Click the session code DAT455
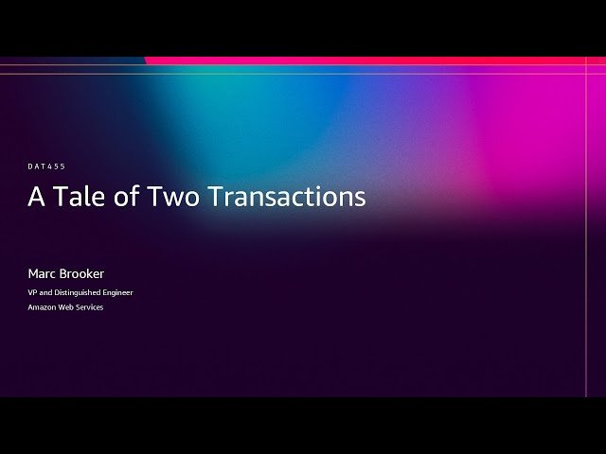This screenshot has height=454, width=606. [x=46, y=166]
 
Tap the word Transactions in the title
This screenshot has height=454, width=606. [x=286, y=197]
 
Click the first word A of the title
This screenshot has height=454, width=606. [x=37, y=197]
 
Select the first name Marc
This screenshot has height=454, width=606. [x=44, y=273]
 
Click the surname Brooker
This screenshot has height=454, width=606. [x=83, y=273]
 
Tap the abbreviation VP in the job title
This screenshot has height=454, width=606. [x=32, y=292]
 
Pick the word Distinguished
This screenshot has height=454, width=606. [x=77, y=292]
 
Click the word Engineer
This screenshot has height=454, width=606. [x=118, y=292]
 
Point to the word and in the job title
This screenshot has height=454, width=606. [x=45, y=292]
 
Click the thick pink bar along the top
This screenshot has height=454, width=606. [x=379, y=61]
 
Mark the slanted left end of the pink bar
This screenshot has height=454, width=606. [x=148, y=61]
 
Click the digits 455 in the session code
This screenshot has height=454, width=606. [x=58, y=166]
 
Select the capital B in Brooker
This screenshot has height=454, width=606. [x=67, y=273]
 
